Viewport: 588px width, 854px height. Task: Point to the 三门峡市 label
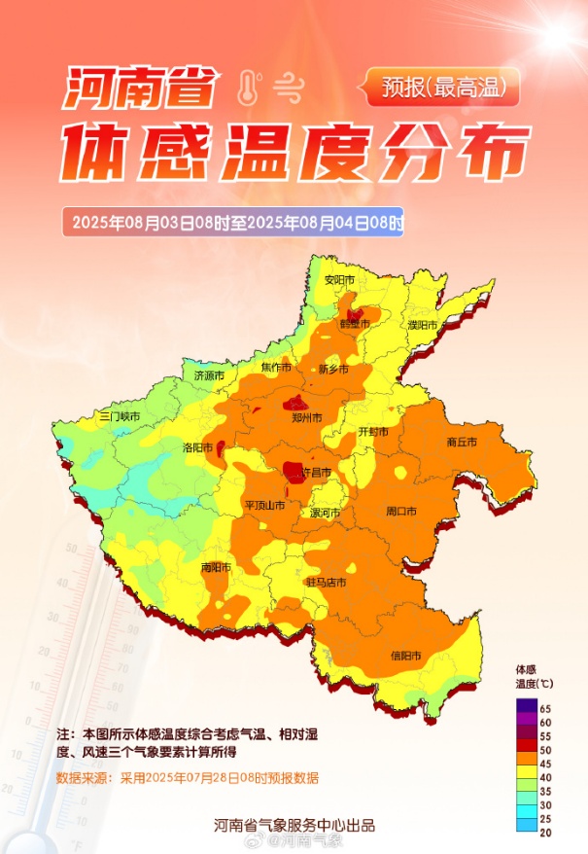[x=121, y=416]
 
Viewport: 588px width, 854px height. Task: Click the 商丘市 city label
[x=462, y=442]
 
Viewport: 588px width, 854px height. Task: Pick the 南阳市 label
[x=215, y=567]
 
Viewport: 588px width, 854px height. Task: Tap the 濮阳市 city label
[x=425, y=324]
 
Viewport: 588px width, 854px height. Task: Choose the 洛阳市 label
[x=198, y=446]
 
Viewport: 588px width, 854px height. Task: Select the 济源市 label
[x=209, y=375]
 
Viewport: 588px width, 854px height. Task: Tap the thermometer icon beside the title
[x=247, y=89]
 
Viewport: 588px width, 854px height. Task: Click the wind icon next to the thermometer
[x=287, y=89]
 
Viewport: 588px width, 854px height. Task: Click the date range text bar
[x=233, y=222]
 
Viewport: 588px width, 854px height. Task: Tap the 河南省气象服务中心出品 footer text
[x=294, y=826]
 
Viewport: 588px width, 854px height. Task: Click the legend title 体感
[x=526, y=670]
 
